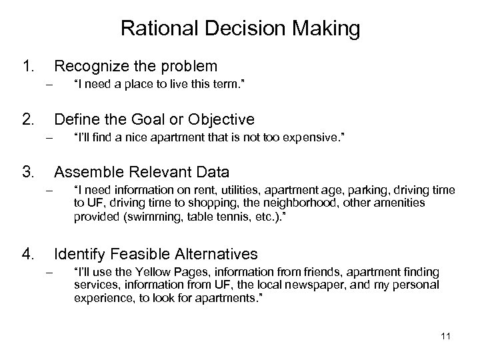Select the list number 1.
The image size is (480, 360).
[x=28, y=66]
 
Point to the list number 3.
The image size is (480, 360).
[x=28, y=173]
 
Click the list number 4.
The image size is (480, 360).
[x=28, y=253]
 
